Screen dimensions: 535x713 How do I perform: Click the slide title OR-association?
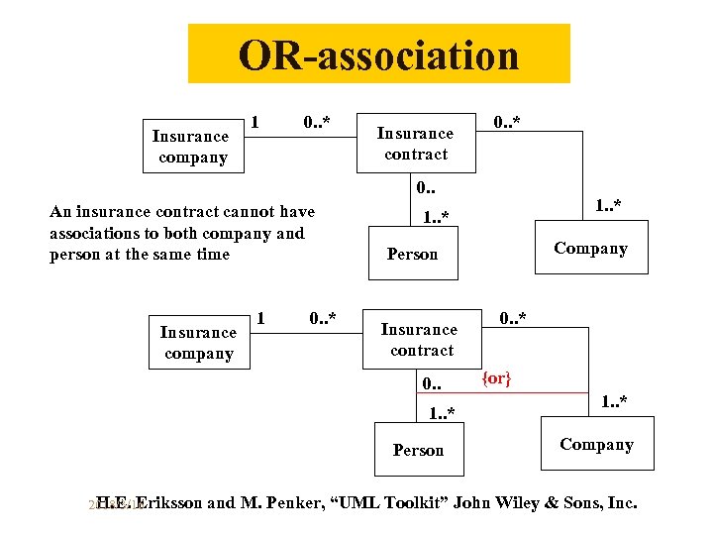(378, 54)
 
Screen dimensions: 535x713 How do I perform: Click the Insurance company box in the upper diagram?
(191, 146)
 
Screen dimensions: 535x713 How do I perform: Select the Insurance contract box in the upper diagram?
(416, 144)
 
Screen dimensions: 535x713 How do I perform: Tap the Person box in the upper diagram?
(412, 254)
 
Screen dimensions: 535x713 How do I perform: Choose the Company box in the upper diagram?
(591, 248)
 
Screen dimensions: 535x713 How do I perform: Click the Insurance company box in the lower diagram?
(198, 343)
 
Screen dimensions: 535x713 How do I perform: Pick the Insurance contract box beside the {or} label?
(420, 339)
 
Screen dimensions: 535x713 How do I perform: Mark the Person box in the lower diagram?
(418, 450)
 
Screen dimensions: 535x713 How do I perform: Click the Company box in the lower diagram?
(596, 444)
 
